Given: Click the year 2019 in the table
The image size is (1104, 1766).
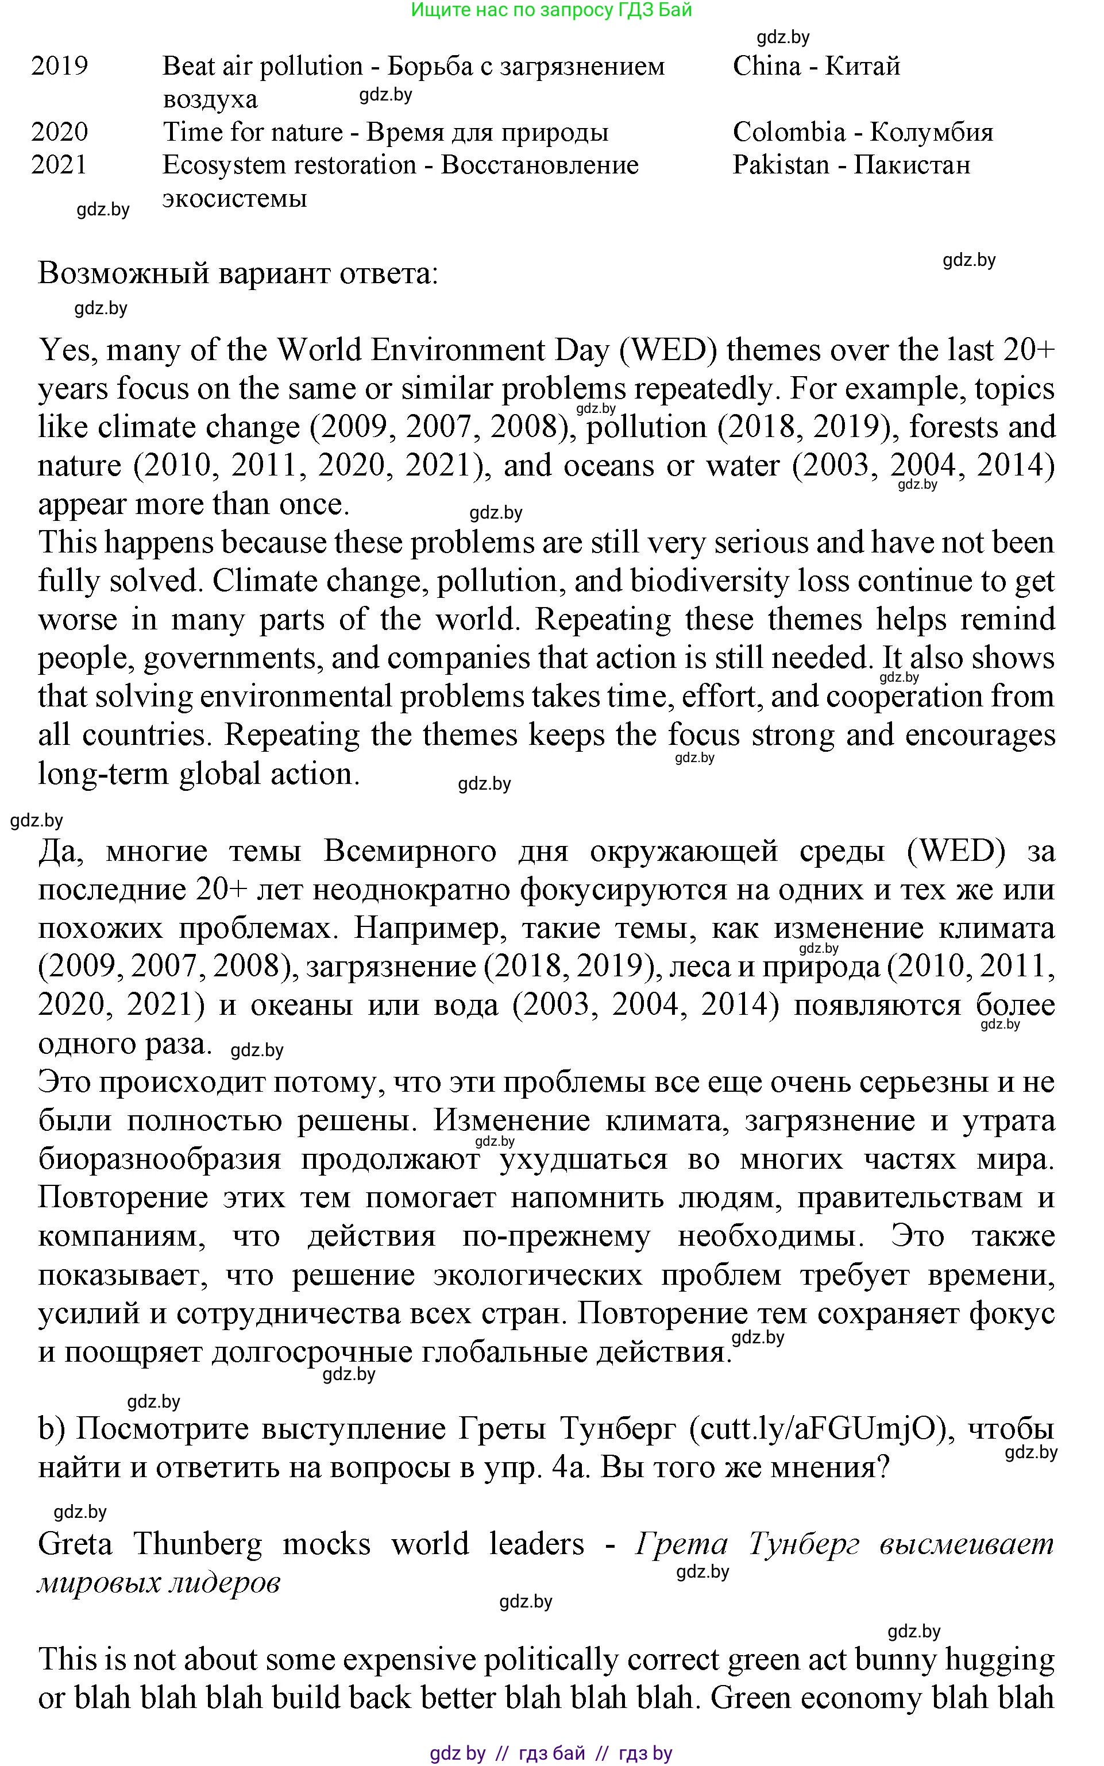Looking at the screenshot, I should coord(59,67).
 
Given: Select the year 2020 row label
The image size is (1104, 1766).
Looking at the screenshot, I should coord(59,132).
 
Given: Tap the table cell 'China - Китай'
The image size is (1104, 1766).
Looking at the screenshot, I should coord(816,67).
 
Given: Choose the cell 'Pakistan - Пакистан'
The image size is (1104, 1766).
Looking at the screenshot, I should coord(851,165).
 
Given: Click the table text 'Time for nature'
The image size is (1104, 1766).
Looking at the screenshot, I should coord(252,132).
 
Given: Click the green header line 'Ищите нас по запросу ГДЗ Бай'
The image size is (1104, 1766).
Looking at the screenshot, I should coord(551,10).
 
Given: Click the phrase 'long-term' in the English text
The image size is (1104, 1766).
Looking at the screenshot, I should coord(103,774).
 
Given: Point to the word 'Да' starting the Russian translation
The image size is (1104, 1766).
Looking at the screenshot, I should coord(61,851).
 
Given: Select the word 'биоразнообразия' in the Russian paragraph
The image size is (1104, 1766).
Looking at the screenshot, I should coord(159,1160).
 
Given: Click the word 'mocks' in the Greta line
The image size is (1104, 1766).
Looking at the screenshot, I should coord(326,1544).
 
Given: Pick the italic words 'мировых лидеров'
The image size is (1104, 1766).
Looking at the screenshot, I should coord(159,1583).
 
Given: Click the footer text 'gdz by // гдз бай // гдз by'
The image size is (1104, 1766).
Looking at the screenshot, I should coord(551,1753).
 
